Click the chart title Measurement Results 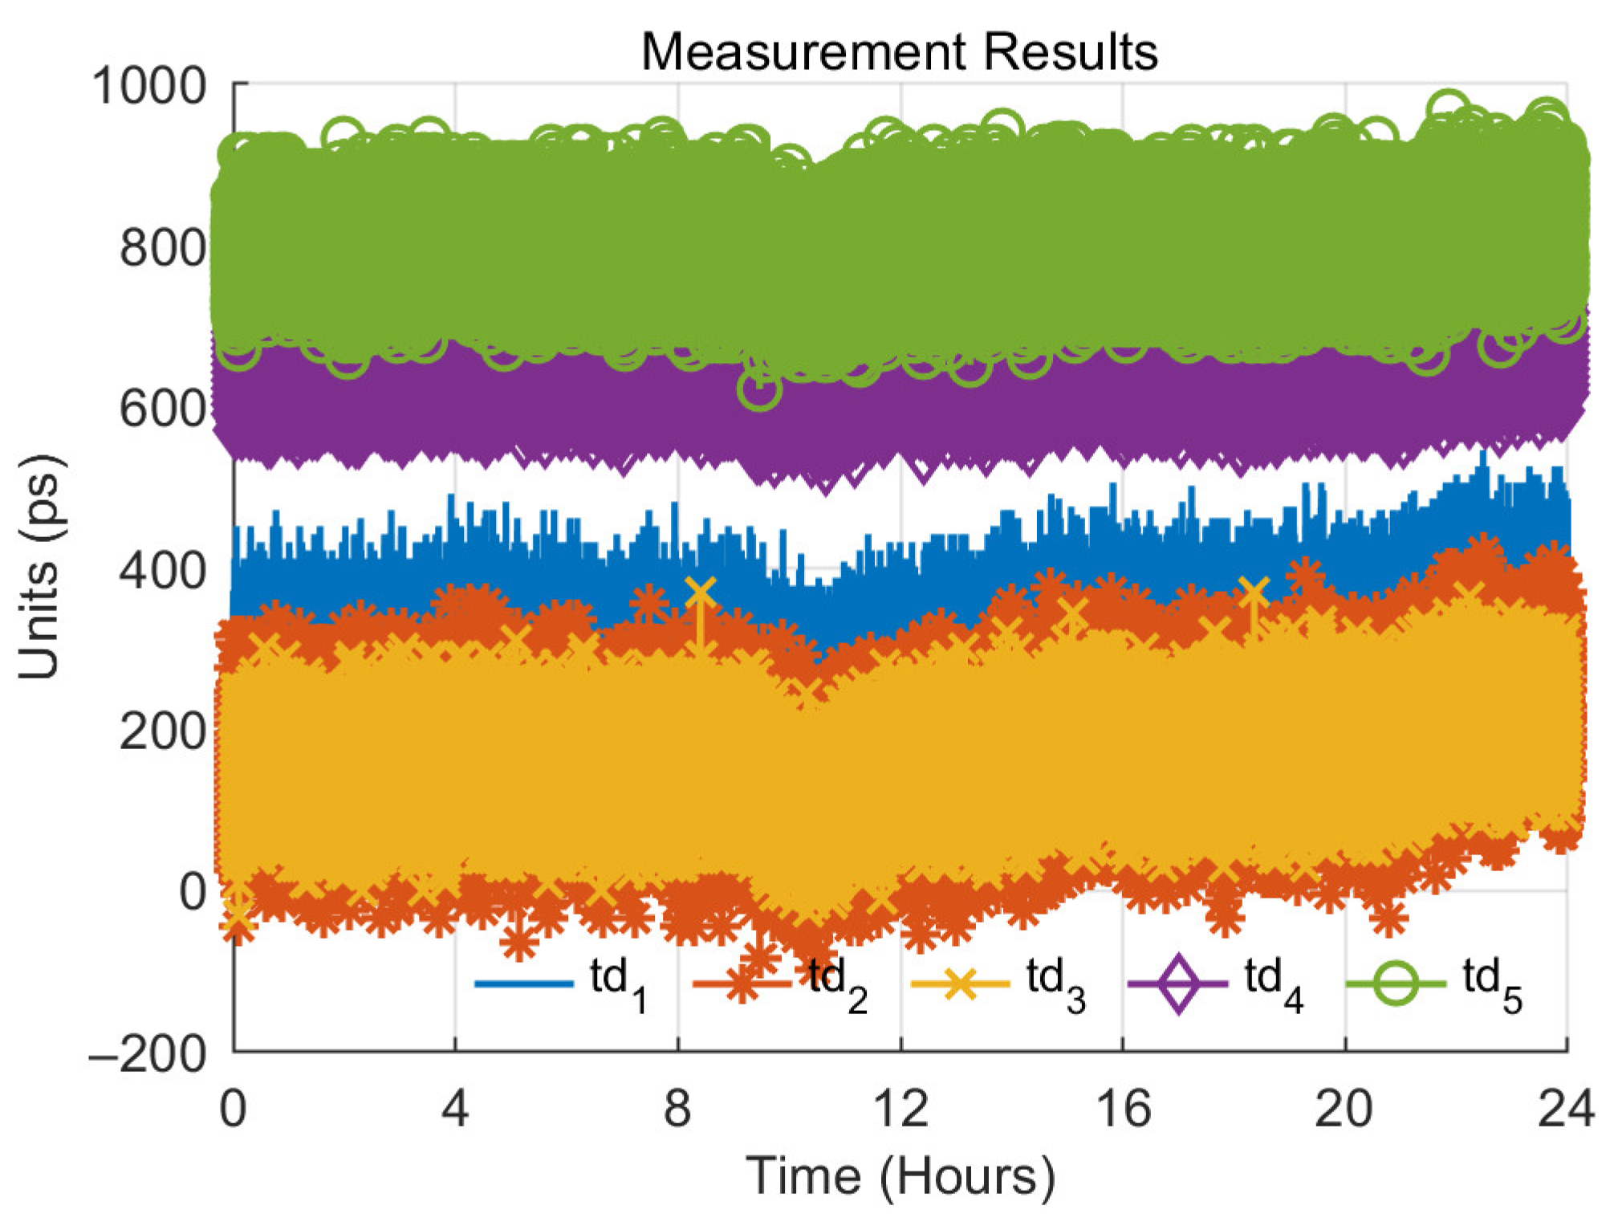pos(899,52)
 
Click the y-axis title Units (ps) pos(40,567)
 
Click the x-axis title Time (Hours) pos(900,1176)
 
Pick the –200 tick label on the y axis pos(149,1053)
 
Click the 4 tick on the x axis pos(455,1109)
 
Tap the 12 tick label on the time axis pos(900,1109)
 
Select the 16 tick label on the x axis pos(1123,1109)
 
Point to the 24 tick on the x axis pos(1566,1109)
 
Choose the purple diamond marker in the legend pos(1177,984)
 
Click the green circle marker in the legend pos(1396,984)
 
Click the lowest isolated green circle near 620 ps pos(758,389)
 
